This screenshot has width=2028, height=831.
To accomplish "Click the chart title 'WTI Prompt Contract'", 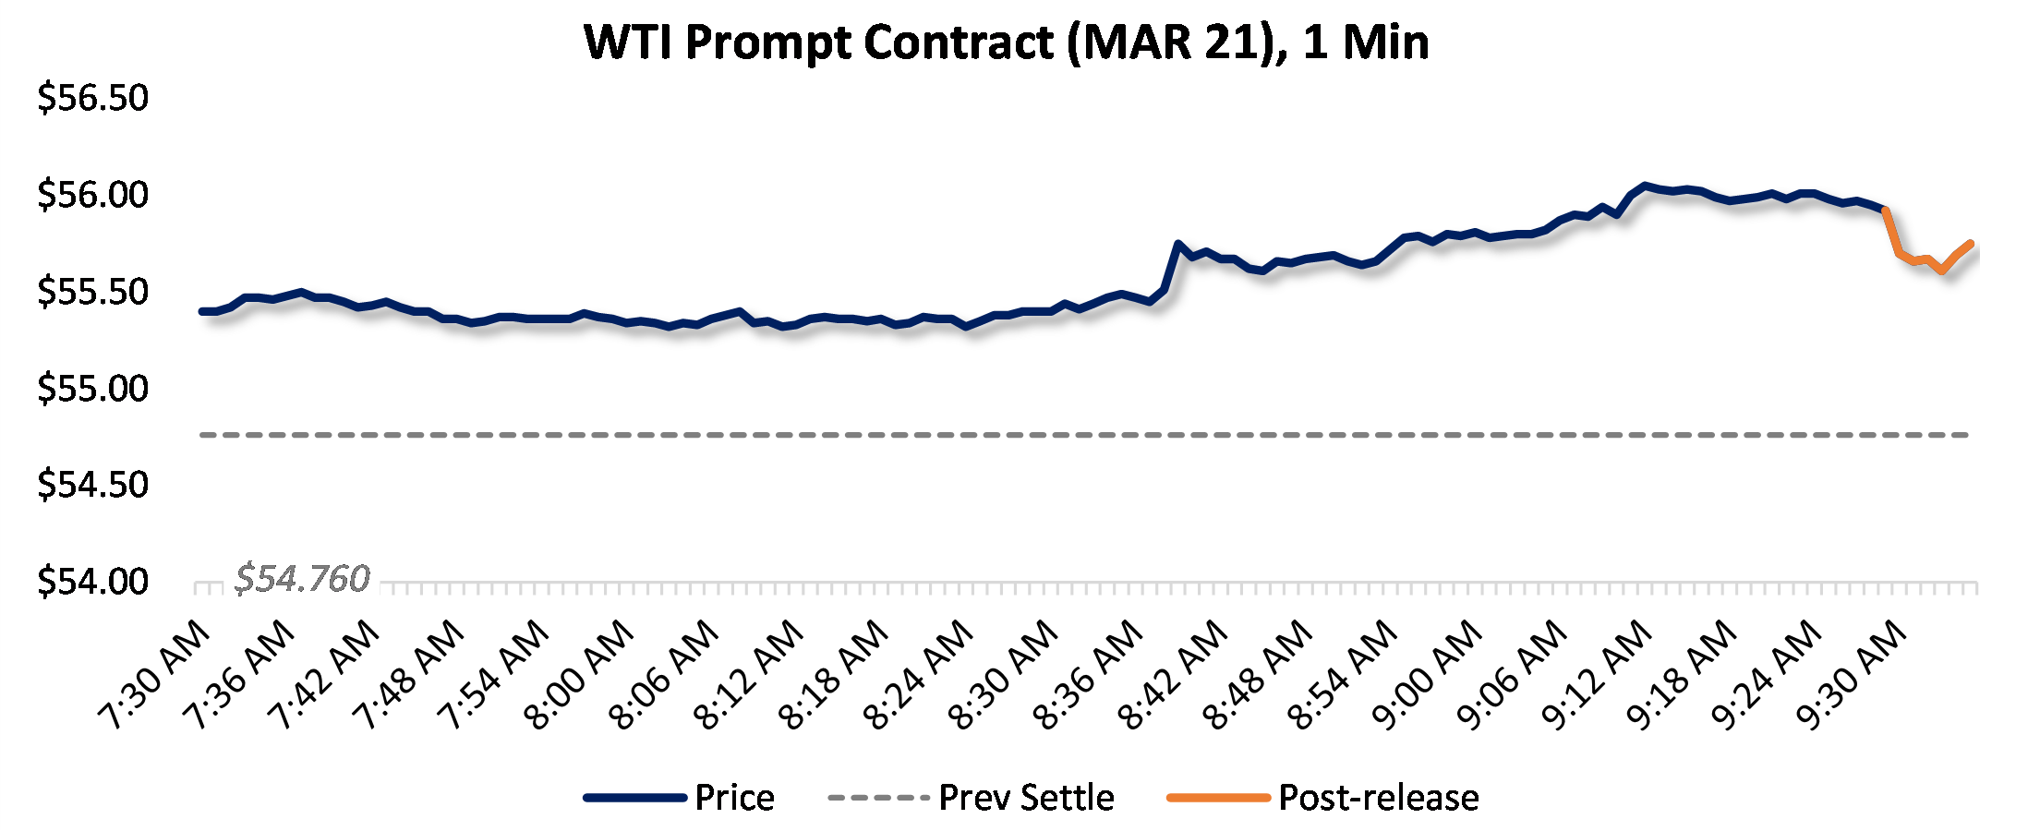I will pos(1007,42).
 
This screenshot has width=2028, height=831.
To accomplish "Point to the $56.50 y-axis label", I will pos(92,98).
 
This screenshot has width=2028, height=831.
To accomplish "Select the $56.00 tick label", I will pos(92,195).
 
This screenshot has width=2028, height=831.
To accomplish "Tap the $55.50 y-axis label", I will pos(92,292).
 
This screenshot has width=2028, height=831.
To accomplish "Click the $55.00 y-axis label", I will pos(92,389).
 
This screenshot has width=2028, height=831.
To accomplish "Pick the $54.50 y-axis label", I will pos(92,485).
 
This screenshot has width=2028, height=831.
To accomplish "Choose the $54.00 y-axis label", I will pos(92,582).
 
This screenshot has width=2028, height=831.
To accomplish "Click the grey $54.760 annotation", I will pos(302,579).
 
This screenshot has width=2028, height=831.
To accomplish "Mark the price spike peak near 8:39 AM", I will pos(1177,244).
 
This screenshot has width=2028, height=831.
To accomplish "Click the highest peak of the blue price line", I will pos(1645,186).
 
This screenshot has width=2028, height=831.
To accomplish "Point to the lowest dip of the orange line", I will pos(1942,271).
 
